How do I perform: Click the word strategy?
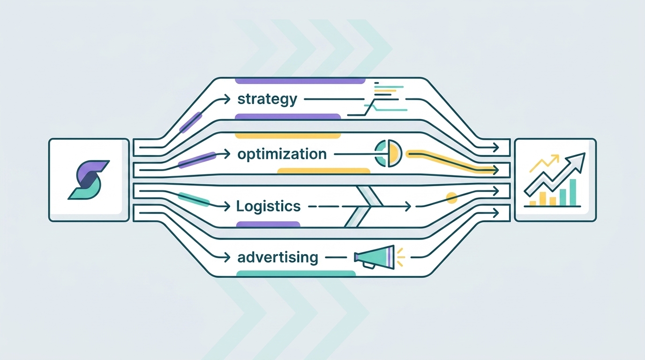(x=267, y=100)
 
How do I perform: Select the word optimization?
(x=282, y=154)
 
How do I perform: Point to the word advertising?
(x=278, y=257)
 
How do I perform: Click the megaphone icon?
(x=375, y=257)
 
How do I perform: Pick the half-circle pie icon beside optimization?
(x=388, y=153)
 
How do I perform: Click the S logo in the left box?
(x=89, y=180)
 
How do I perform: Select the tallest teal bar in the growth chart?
(x=573, y=192)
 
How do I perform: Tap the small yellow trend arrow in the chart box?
(x=544, y=163)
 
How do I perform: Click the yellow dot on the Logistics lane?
(x=451, y=198)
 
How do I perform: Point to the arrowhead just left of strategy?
(x=227, y=99)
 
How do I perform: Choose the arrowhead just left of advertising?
(x=227, y=257)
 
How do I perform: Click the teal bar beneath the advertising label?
(x=296, y=274)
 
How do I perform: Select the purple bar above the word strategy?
(x=300, y=81)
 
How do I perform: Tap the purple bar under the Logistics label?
(x=268, y=225)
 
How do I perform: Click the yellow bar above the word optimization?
(x=288, y=135)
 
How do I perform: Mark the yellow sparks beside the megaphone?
(x=400, y=257)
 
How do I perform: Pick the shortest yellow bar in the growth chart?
(x=532, y=203)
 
